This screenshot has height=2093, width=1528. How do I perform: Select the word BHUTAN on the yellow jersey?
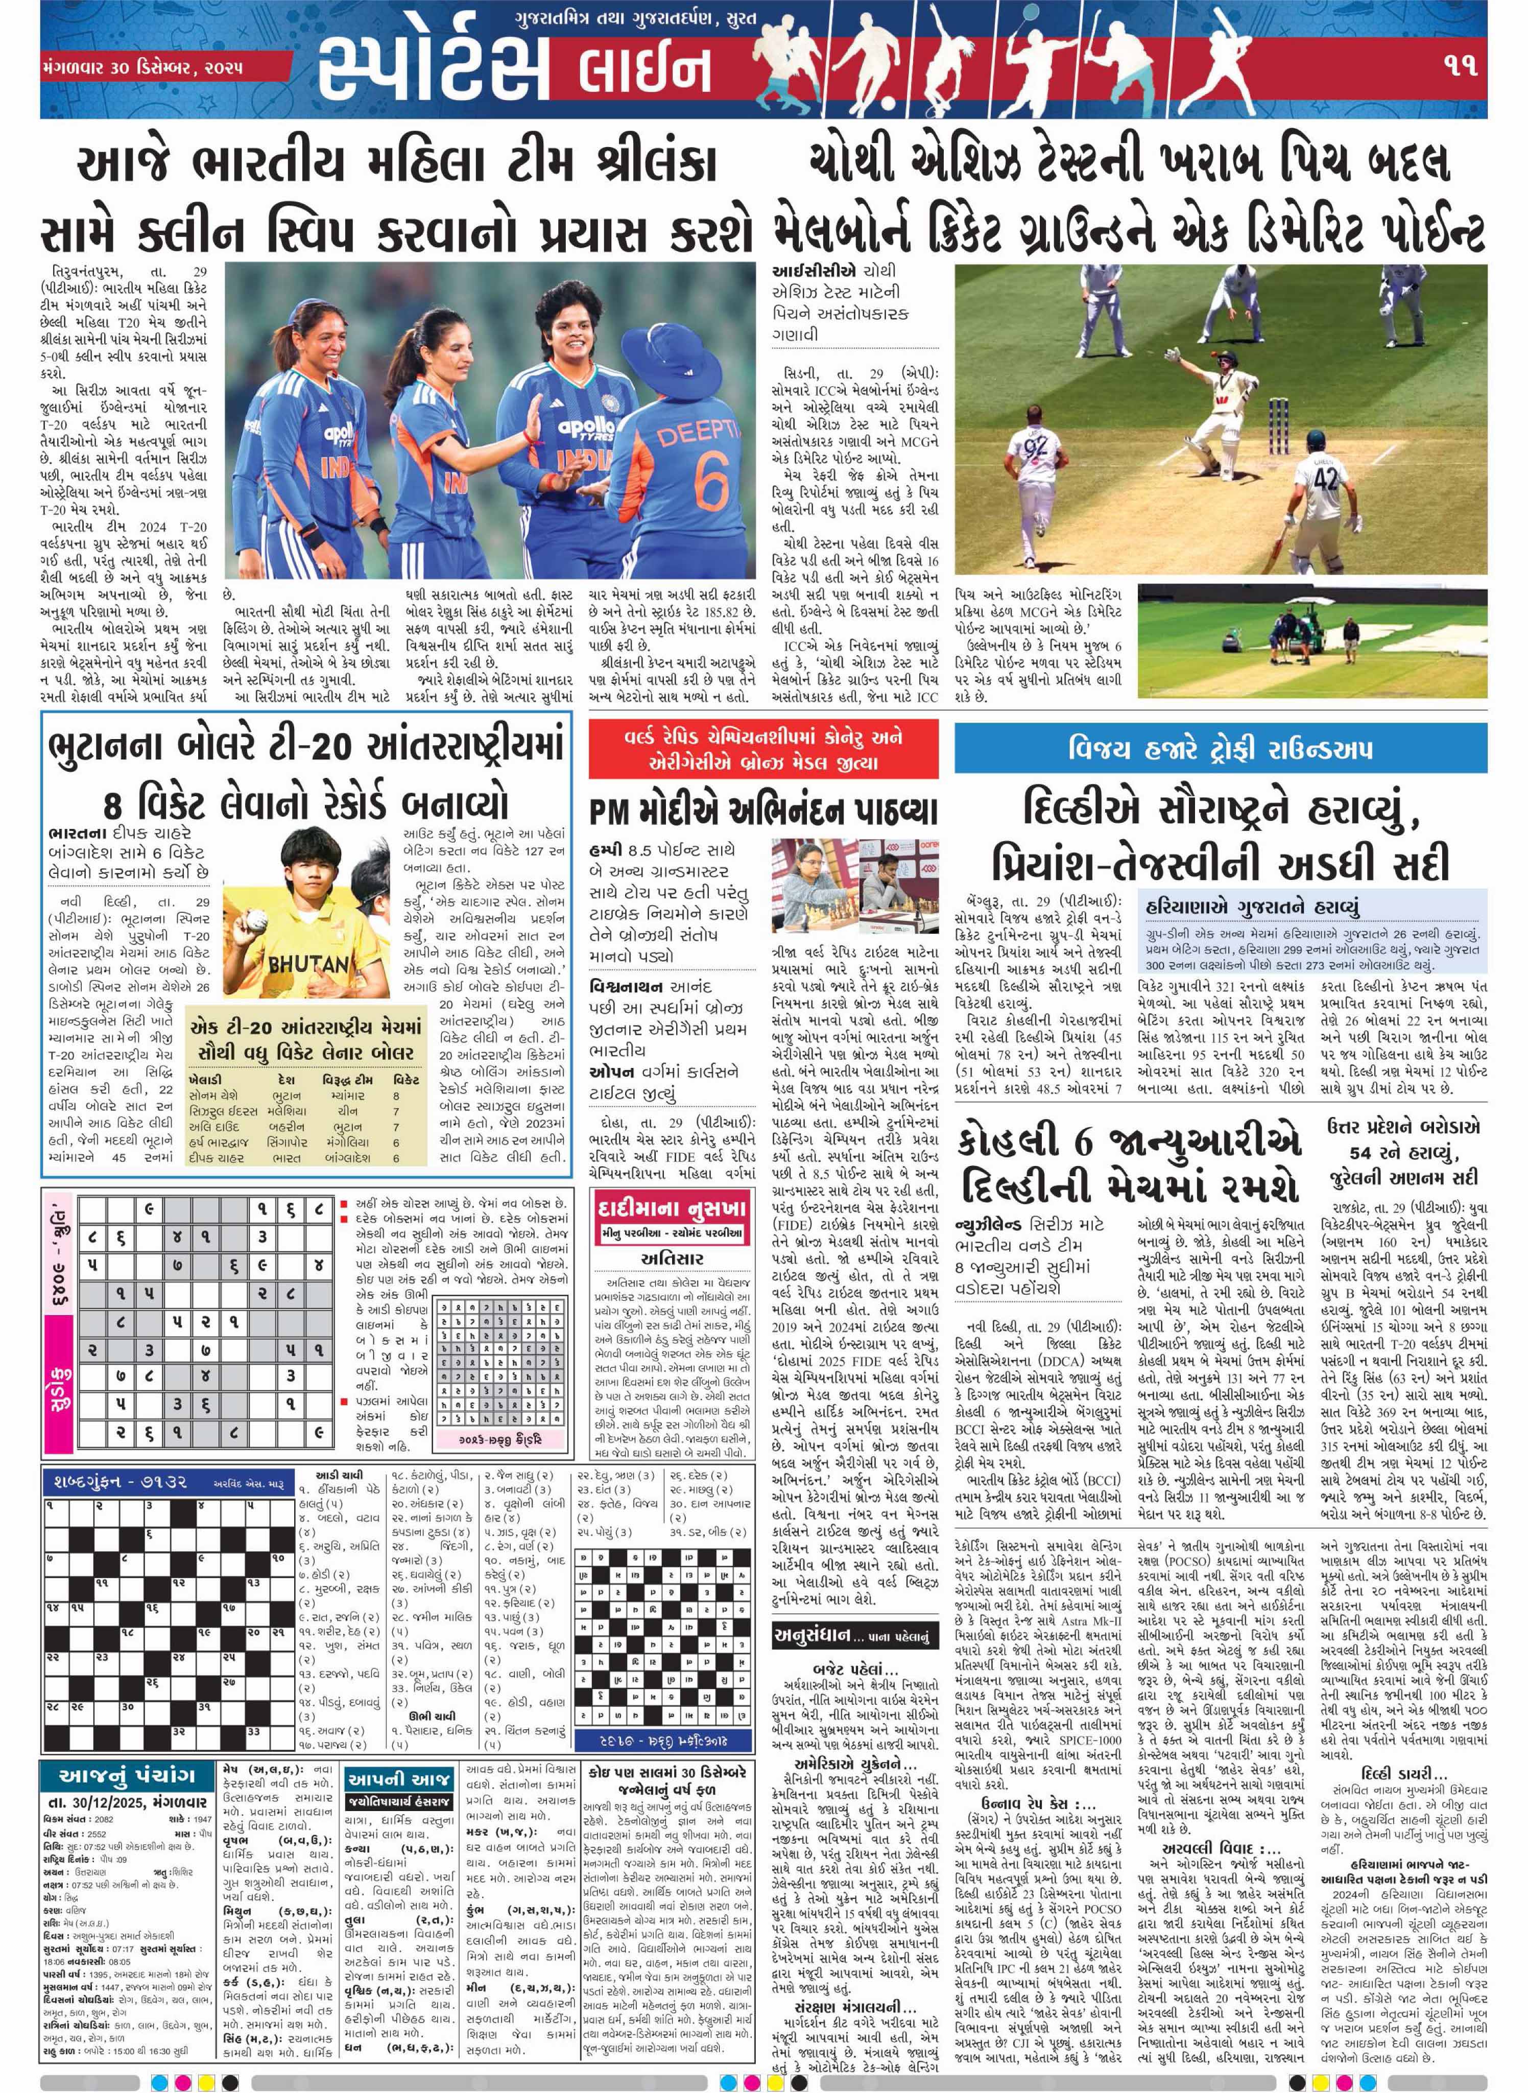308,964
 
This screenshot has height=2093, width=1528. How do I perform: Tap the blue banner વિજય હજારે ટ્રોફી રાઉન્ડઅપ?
1220,748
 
